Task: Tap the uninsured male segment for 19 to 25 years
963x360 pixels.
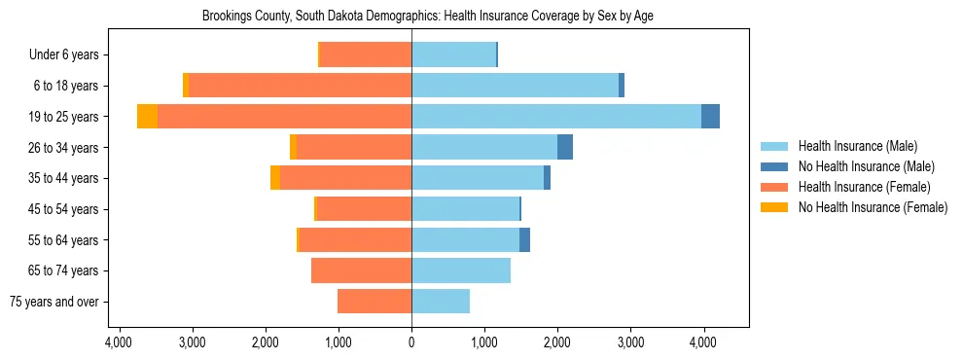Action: click(710, 117)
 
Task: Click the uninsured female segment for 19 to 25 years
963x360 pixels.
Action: click(147, 117)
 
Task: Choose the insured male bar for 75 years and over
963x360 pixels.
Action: click(441, 302)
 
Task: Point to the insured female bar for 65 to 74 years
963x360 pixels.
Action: click(361, 270)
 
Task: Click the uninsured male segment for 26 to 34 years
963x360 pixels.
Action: click(565, 147)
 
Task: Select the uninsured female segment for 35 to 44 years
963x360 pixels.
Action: click(275, 178)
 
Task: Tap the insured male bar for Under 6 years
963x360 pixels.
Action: click(453, 54)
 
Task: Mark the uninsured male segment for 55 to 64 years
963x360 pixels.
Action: click(524, 239)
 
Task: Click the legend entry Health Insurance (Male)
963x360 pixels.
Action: click(857, 146)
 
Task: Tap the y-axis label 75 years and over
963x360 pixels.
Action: click(54, 302)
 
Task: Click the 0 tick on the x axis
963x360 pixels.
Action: click(411, 342)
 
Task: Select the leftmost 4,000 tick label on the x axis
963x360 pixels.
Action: click(119, 342)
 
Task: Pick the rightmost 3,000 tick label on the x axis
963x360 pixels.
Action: click(630, 342)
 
